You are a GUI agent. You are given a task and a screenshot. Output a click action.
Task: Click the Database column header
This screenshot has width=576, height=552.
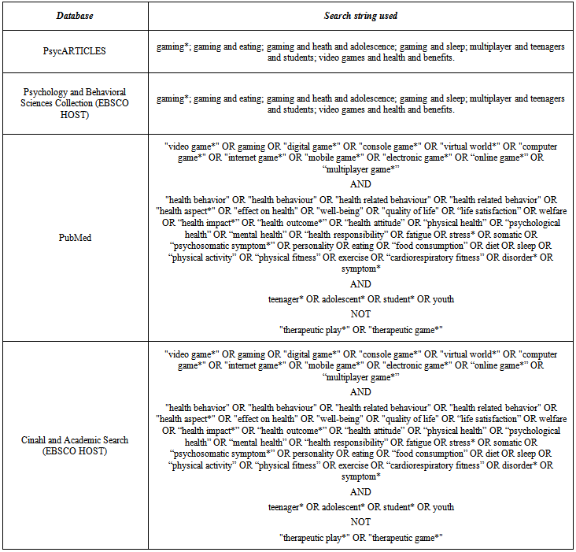(x=74, y=16)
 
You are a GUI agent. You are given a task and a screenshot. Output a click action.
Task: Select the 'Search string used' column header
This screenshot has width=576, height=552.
(x=360, y=16)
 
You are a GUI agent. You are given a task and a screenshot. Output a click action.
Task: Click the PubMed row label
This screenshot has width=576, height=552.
(x=74, y=235)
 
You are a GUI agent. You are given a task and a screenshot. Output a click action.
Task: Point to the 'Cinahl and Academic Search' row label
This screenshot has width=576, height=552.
(x=74, y=445)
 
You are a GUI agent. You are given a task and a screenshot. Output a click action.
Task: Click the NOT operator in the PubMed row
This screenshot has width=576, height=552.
(x=360, y=313)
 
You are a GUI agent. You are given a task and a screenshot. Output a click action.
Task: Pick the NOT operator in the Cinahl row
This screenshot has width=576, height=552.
(x=360, y=521)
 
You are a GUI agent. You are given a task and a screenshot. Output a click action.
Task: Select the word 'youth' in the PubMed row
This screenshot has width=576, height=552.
(x=441, y=299)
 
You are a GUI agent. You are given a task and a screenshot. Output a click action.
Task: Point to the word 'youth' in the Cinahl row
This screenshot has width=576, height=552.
(x=441, y=508)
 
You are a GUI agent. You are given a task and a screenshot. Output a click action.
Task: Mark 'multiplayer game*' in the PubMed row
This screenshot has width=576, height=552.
(x=360, y=169)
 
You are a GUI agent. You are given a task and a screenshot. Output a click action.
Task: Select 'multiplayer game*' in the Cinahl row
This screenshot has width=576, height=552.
(x=360, y=377)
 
